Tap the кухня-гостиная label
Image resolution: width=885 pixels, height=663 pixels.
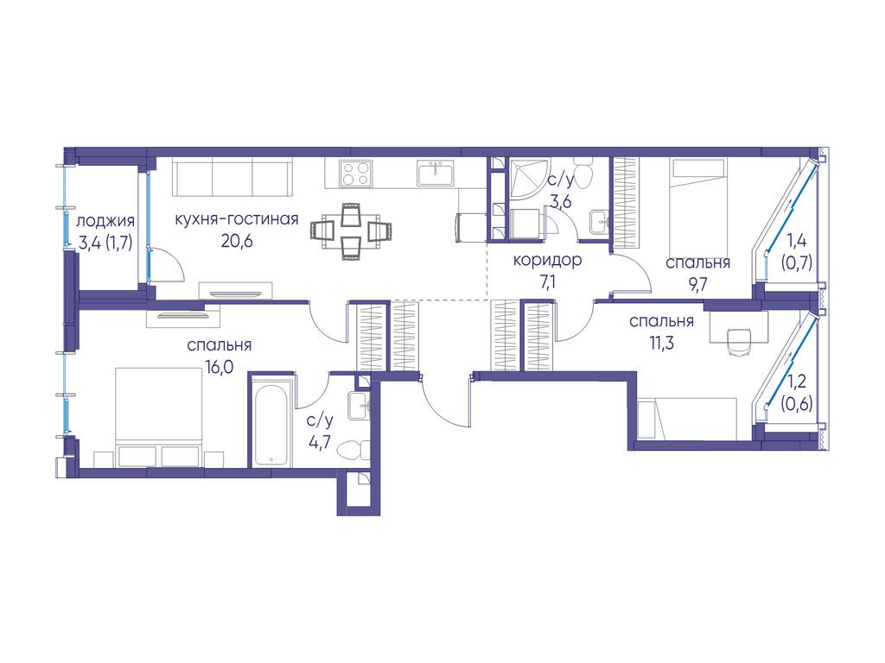coord(237,218)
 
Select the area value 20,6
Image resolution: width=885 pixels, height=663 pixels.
coord(237,242)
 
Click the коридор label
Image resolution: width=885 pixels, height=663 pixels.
coord(547,261)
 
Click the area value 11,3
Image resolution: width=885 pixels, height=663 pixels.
coord(661,343)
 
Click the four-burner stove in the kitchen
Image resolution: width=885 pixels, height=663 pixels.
coord(355,173)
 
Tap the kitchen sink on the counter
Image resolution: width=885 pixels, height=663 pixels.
coord(436,173)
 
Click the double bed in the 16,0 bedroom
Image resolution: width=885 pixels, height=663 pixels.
coord(159,417)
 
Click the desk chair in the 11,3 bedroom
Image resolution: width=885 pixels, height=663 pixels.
coord(740,342)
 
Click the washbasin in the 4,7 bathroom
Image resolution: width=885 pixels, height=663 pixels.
coord(359,406)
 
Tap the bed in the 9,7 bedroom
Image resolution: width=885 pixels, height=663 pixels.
coord(697,207)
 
